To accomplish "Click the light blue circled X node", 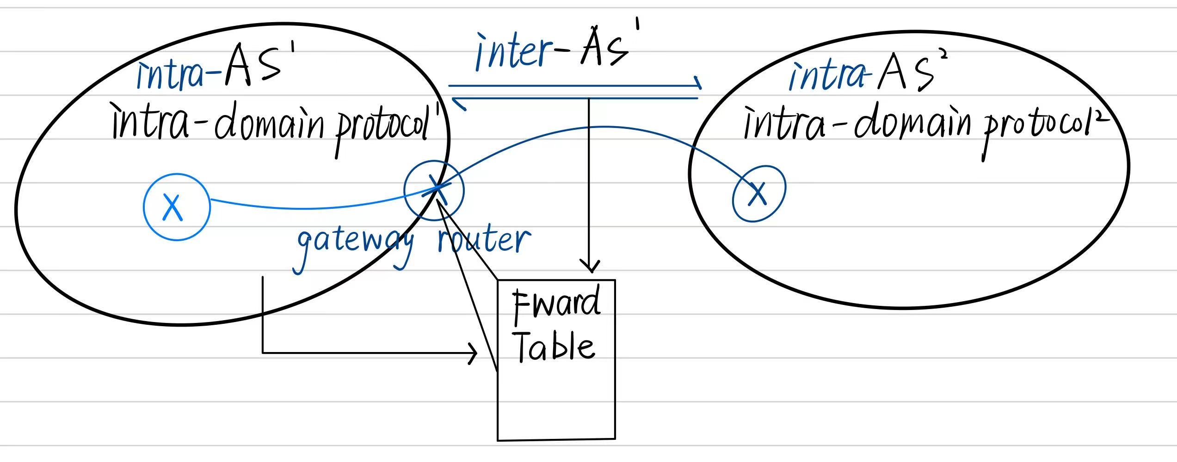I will [x=177, y=207].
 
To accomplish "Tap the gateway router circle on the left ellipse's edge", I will [x=434, y=190].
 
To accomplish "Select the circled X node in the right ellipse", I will [x=759, y=194].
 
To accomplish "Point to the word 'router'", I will [x=484, y=240].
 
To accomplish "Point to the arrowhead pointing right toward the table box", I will [x=473, y=353].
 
